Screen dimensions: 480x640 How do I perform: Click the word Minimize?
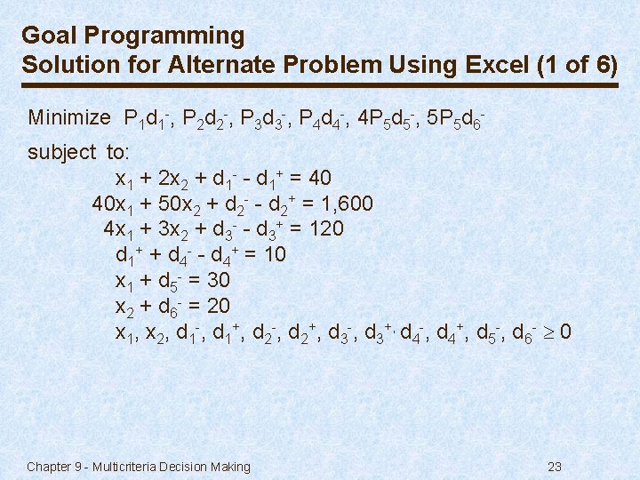pos(69,117)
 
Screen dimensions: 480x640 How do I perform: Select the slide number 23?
pos(556,467)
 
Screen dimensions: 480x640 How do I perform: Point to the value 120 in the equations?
pos(325,229)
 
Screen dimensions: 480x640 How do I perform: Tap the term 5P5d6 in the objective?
pos(458,118)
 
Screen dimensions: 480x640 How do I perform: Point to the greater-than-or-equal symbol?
pos(549,333)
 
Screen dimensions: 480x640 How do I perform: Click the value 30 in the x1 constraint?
pos(218,281)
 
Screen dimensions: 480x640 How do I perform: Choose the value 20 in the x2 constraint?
pos(218,307)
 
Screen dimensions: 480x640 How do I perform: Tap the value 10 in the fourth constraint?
pos(275,255)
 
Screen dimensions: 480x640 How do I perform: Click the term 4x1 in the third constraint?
pos(116,229)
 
